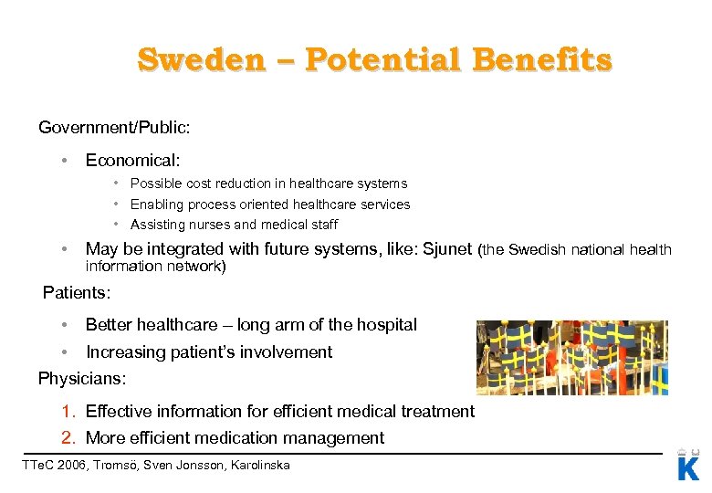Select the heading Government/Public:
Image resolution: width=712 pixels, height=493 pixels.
[114, 127]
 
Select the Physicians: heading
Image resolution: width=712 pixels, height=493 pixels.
[82, 377]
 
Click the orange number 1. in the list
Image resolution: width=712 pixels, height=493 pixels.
[69, 411]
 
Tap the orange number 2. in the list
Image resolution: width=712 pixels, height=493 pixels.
[69, 437]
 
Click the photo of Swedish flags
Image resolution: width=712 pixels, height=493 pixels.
[571, 357]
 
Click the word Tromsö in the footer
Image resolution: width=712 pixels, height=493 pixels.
[126, 466]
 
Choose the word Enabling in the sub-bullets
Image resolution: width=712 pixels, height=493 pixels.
[155, 205]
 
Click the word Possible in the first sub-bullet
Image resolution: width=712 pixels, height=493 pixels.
[154, 184]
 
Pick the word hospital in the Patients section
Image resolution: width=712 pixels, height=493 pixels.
[387, 324]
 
